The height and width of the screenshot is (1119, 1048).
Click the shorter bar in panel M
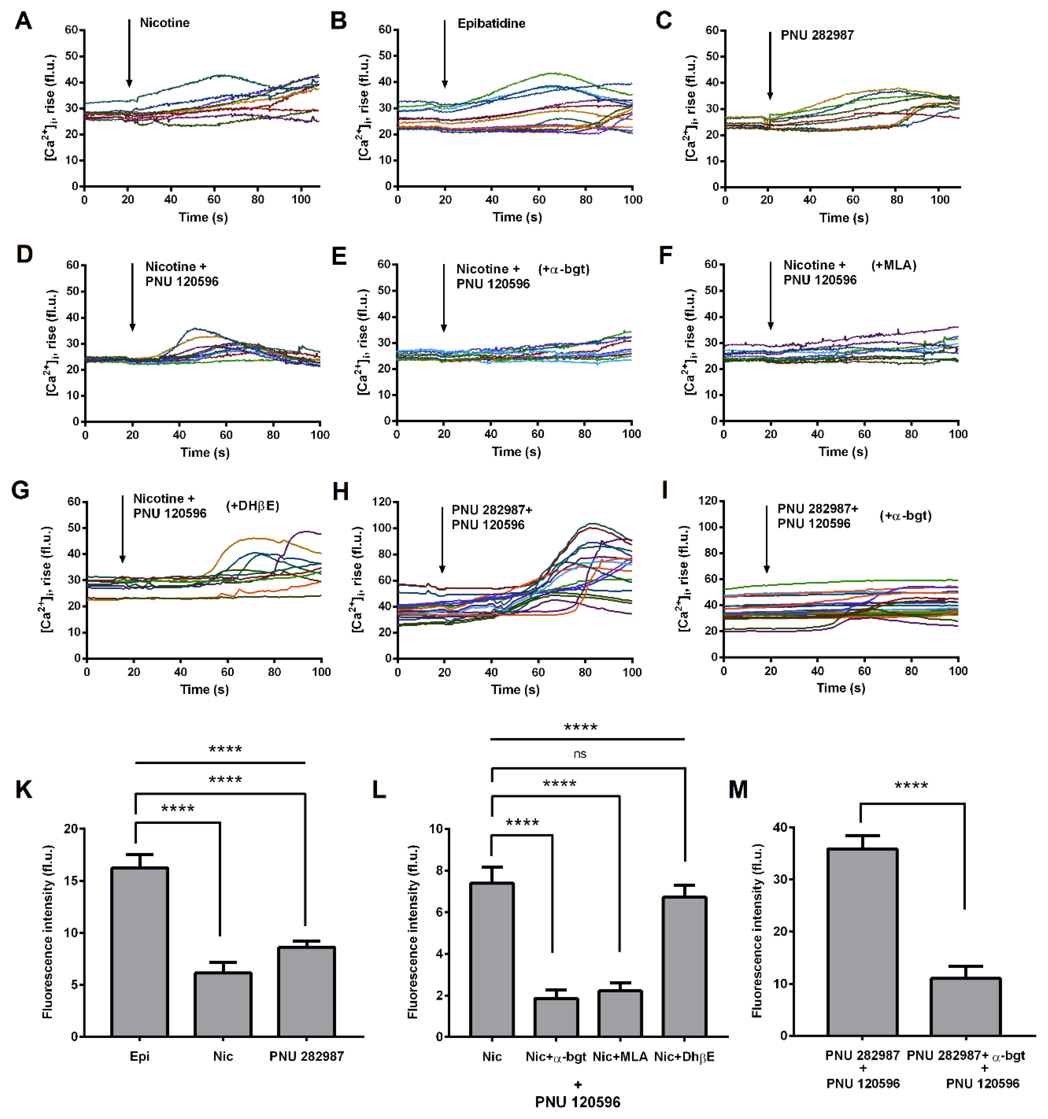(x=965, y=1008)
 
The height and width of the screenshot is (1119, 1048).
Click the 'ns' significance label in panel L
(x=580, y=754)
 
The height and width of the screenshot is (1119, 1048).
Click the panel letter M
(x=738, y=790)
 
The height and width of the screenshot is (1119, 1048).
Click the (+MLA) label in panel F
(x=894, y=265)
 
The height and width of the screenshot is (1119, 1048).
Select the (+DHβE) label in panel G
(x=253, y=505)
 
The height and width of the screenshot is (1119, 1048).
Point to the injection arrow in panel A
(x=129, y=53)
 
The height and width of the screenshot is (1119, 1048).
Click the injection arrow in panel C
(x=770, y=66)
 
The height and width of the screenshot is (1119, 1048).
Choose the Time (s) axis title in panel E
(x=516, y=451)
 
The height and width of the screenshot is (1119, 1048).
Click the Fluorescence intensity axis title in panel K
(x=48, y=931)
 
